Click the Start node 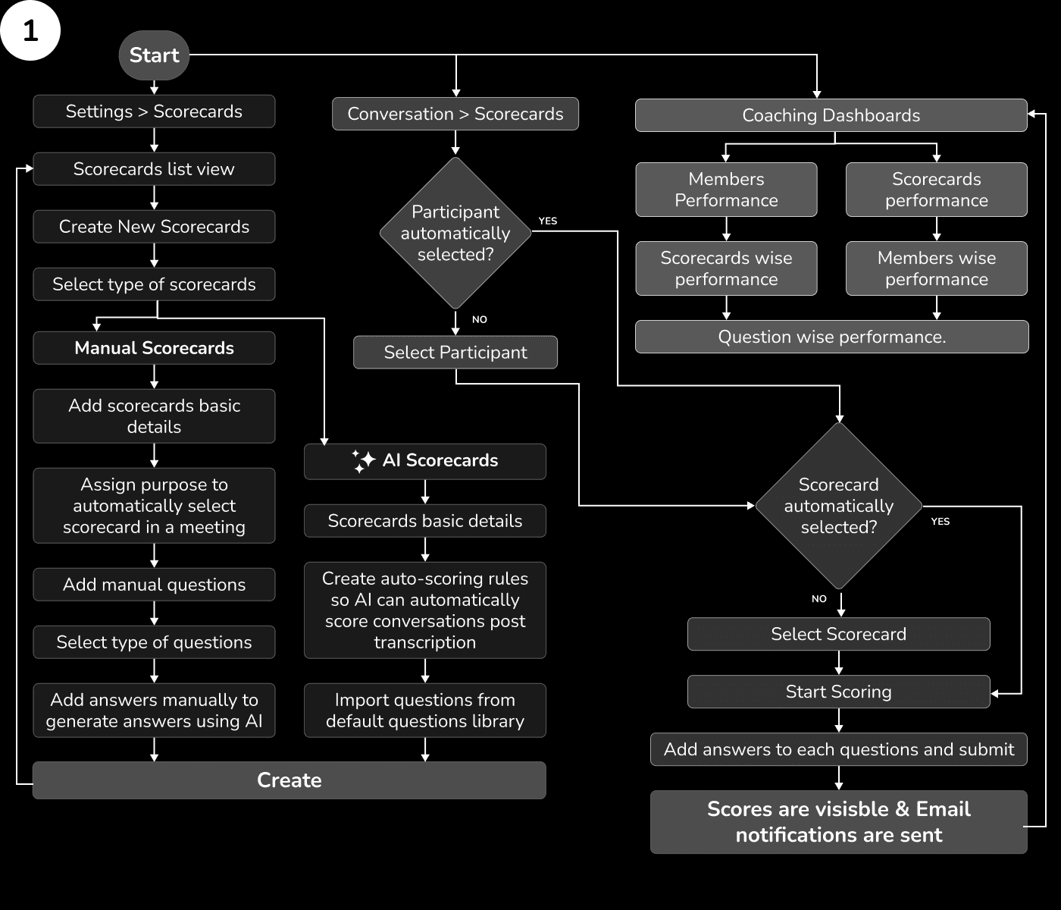tap(154, 55)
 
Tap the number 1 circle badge tap(30, 31)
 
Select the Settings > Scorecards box tap(154, 111)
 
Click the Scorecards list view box tap(154, 169)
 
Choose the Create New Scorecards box tap(154, 227)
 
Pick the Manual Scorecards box tap(154, 348)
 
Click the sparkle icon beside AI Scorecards tap(364, 461)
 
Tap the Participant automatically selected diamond tap(455, 233)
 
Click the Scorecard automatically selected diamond tap(838, 506)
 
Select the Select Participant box tap(455, 353)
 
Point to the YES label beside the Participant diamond tap(547, 221)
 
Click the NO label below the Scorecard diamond tap(819, 599)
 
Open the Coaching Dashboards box tap(831, 115)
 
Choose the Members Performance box tap(726, 190)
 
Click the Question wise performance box tap(831, 337)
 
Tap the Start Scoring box tap(838, 692)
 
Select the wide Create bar tap(289, 780)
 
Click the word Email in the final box tap(943, 809)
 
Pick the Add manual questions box tap(154, 585)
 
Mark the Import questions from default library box tap(424, 711)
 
